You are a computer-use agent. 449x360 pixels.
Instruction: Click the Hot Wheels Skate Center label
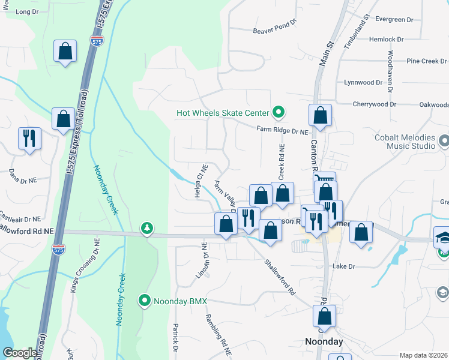[223, 113]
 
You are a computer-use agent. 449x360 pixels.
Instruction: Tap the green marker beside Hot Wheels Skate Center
[278, 112]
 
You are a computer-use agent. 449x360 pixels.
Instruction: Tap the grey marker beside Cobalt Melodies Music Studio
[444, 142]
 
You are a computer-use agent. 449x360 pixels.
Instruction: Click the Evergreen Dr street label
[394, 19]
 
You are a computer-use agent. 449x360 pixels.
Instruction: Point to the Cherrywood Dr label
[375, 104]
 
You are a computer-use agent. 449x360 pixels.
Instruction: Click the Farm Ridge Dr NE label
[282, 130]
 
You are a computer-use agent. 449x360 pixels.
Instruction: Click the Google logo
[19, 353]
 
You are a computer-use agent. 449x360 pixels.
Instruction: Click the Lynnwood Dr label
[363, 82]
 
